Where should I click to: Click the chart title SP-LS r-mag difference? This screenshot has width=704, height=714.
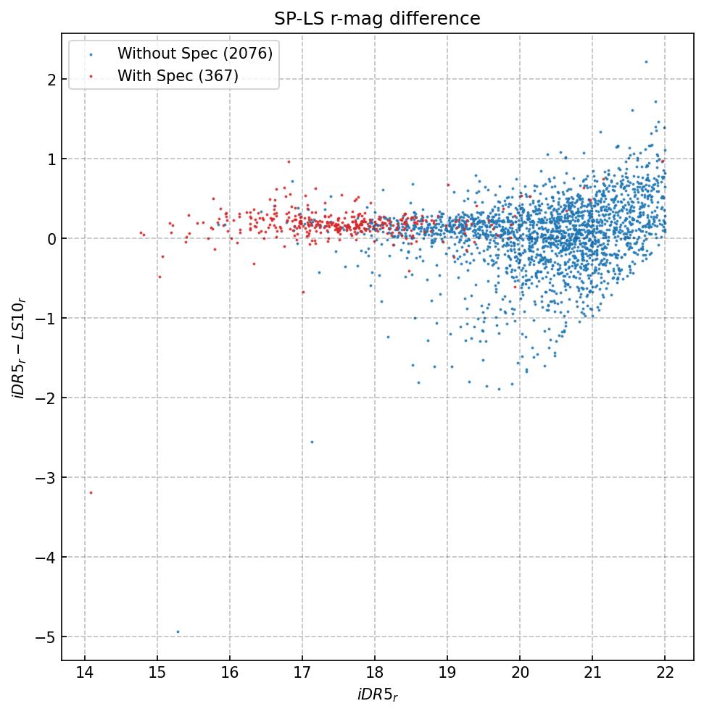377,19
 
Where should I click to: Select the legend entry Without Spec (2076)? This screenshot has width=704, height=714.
195,54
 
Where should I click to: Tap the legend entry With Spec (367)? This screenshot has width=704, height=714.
178,75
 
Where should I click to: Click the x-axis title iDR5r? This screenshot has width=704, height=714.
377,695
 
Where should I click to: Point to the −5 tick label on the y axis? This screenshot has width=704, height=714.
45,637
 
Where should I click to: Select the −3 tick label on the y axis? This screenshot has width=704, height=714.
45,477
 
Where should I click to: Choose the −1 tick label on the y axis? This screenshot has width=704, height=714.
45,318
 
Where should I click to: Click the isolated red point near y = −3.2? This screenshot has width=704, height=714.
91,492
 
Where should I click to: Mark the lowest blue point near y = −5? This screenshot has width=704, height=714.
178,631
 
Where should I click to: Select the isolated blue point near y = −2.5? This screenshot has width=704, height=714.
312,442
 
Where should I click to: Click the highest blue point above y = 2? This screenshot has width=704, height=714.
646,62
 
